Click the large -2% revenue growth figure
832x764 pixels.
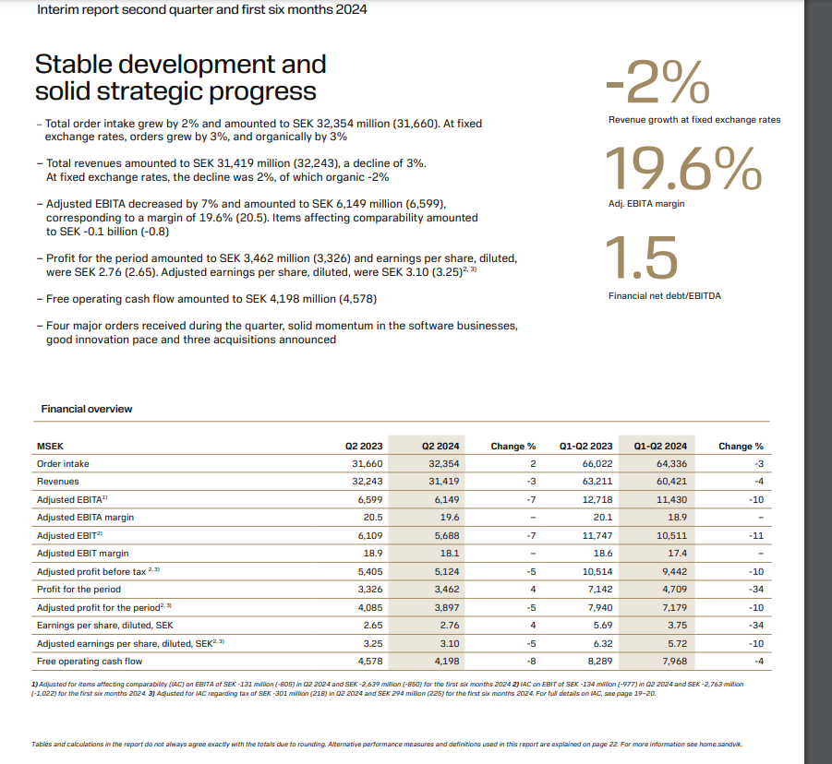coord(657,85)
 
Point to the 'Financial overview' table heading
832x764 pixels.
coord(87,409)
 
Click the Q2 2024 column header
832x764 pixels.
coord(440,446)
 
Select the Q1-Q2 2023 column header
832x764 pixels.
coord(585,446)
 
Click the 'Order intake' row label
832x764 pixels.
coord(63,463)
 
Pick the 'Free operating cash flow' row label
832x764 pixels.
coord(89,661)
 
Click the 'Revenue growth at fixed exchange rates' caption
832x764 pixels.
coord(693,120)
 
